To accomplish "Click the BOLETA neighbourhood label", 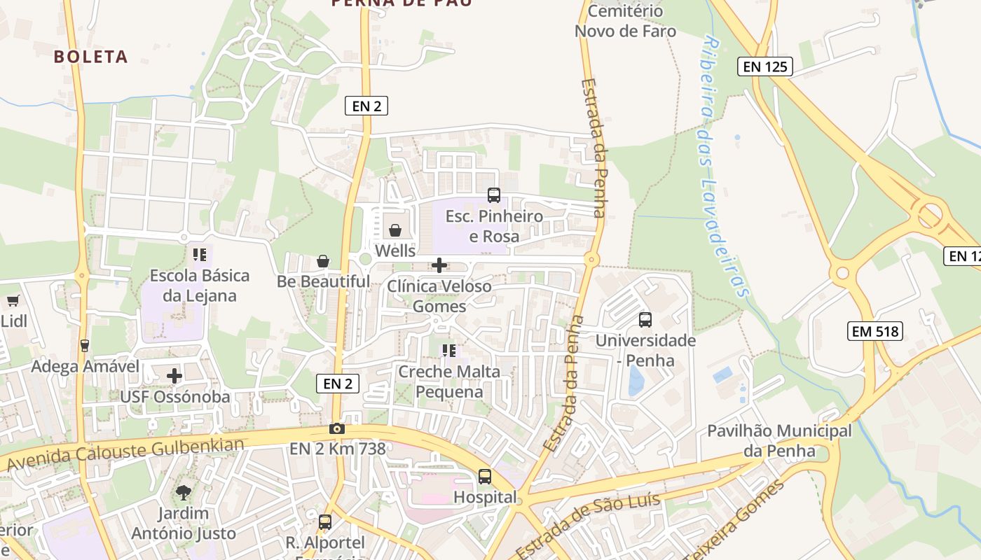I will [x=91, y=57].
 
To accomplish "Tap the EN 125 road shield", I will [x=765, y=67].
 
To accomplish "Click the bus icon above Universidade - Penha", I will [x=645, y=320].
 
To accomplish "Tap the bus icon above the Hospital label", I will [x=485, y=477].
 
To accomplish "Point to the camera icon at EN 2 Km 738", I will [x=337, y=428].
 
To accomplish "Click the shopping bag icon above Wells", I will [x=395, y=230].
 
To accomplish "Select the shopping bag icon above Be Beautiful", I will [x=323, y=261].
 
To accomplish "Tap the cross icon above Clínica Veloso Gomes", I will [x=439, y=265].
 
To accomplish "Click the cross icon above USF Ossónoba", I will [x=174, y=376].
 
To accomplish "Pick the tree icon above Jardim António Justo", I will [x=183, y=492].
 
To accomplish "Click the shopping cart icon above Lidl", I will [x=13, y=301].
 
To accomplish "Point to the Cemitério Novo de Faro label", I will [x=625, y=21].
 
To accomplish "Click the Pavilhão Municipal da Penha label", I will [x=779, y=440].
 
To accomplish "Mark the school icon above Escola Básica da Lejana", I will [x=200, y=255].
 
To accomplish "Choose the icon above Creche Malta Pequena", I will [x=449, y=350].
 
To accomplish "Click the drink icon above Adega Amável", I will [x=85, y=345].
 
